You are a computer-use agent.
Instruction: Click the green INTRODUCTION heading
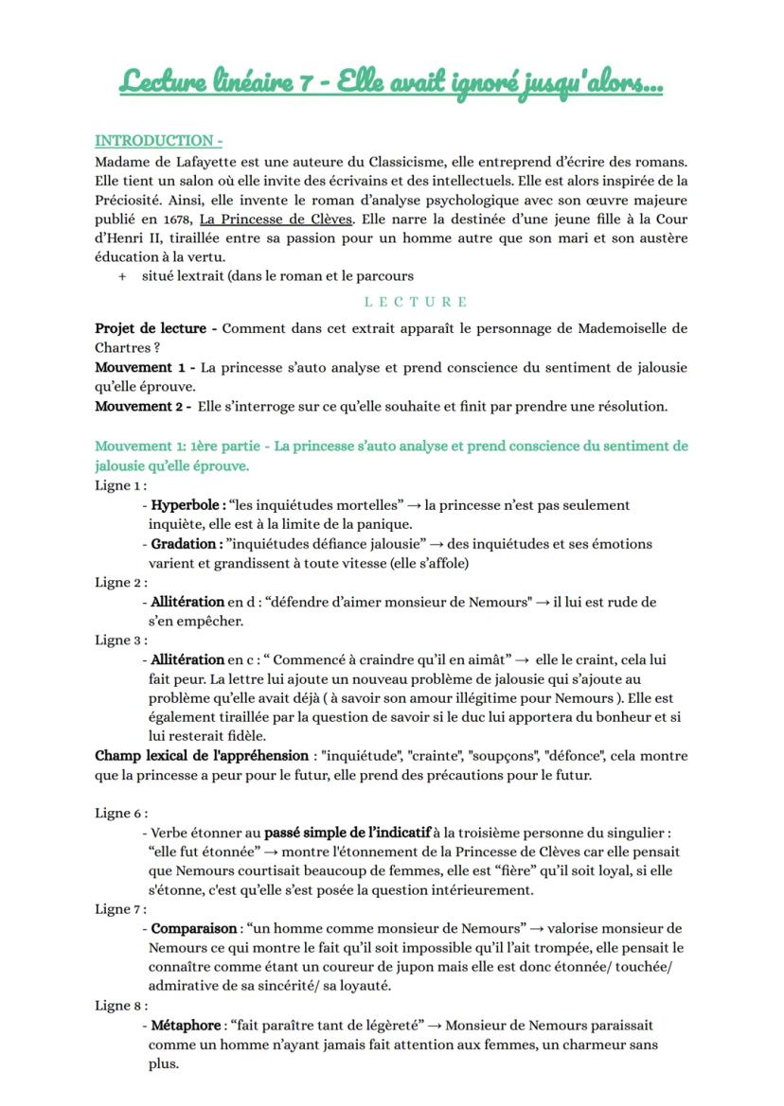158,141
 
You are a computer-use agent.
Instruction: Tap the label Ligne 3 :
120,641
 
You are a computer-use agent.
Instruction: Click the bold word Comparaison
194,929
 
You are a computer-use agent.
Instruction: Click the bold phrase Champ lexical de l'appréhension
202,756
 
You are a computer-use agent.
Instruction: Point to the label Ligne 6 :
120,814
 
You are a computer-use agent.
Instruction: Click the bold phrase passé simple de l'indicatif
347,833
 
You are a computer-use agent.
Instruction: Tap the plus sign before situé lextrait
122,276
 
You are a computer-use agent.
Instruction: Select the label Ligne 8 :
120,1007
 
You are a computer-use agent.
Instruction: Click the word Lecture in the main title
161,82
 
